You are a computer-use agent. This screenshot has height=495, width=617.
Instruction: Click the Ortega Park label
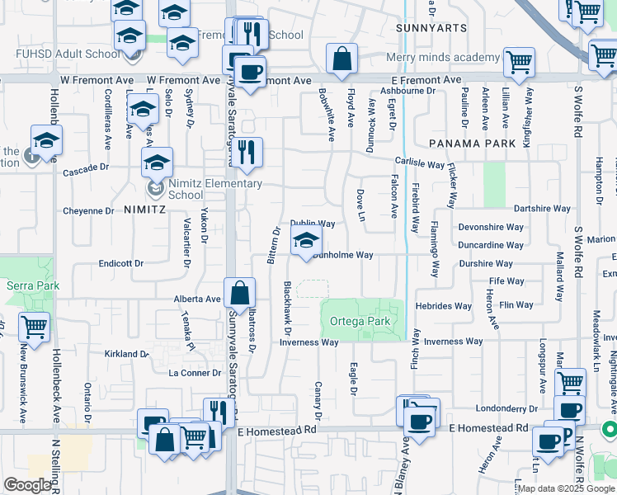(359, 320)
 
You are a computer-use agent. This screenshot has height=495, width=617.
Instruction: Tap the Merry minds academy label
(444, 58)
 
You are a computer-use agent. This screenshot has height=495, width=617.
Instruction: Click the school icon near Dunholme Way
(305, 242)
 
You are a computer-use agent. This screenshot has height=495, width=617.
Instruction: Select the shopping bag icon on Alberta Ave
(239, 293)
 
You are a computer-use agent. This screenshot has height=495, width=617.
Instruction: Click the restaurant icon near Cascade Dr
(246, 153)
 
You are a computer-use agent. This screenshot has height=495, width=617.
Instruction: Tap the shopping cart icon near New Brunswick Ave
(35, 328)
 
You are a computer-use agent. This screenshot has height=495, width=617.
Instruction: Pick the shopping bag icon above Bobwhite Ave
(341, 59)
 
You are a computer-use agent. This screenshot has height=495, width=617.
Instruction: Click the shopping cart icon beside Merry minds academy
(519, 62)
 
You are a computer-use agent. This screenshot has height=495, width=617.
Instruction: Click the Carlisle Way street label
(419, 163)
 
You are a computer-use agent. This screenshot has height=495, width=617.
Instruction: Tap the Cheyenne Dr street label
(88, 211)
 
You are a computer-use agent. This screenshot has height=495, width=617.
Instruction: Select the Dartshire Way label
(542, 209)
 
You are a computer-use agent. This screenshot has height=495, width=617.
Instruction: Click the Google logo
(28, 485)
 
